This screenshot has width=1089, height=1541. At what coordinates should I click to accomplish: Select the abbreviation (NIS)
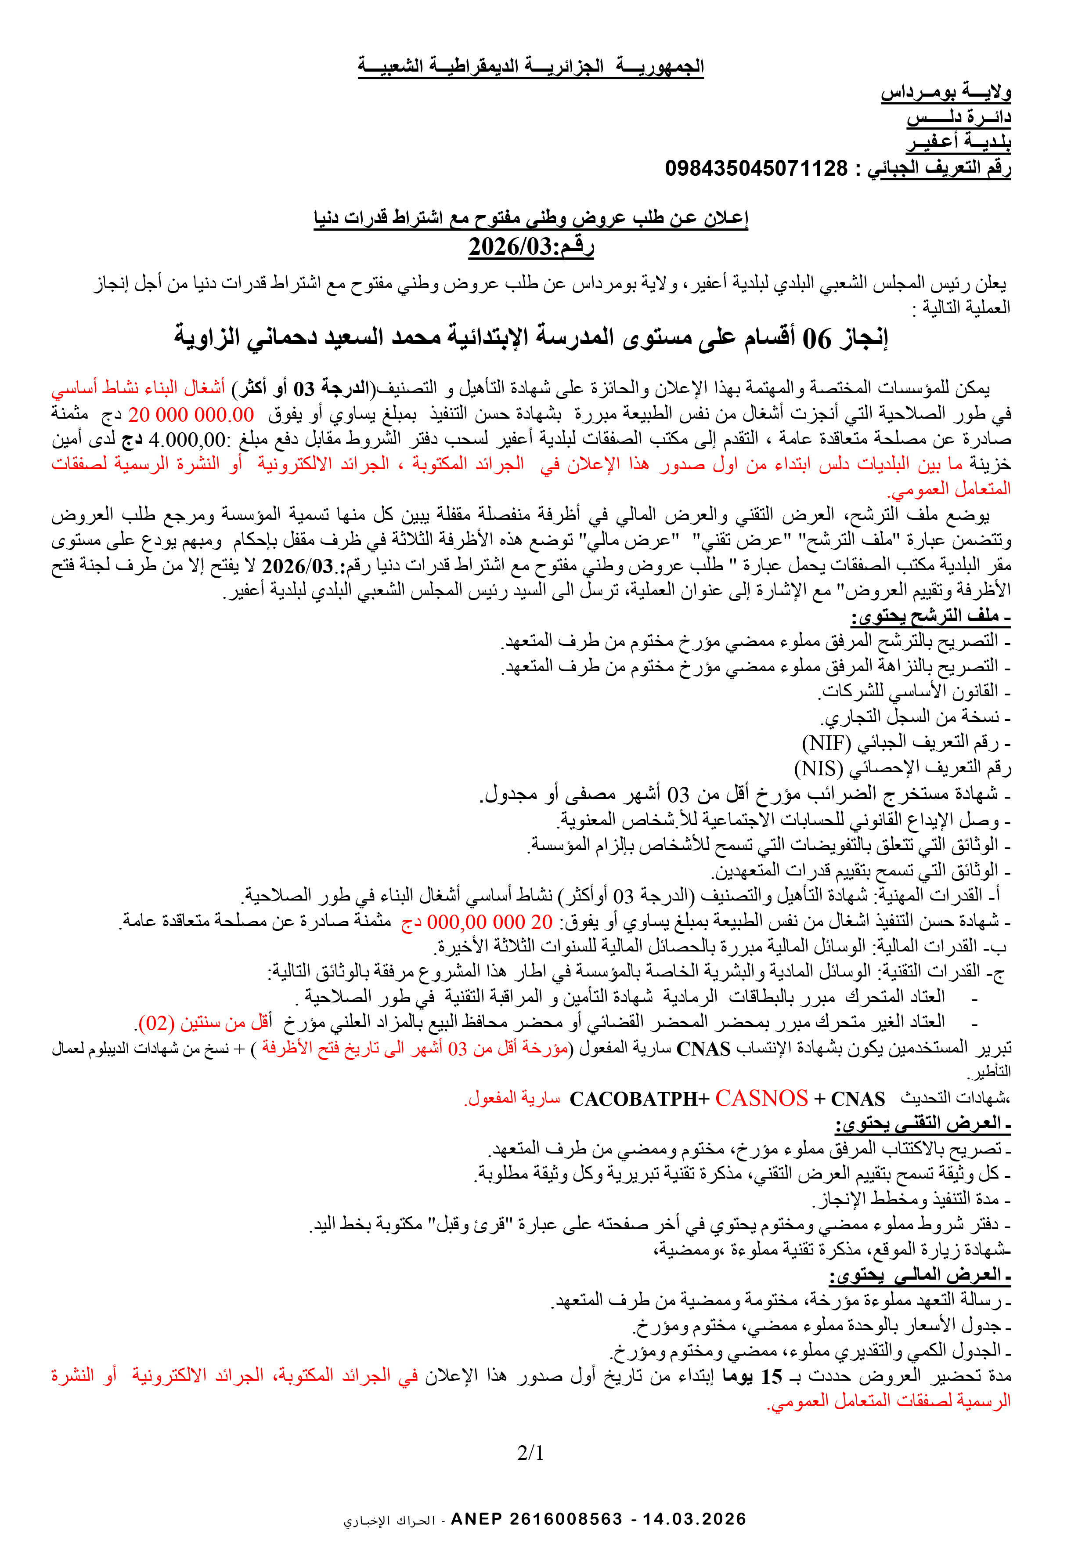tap(819, 768)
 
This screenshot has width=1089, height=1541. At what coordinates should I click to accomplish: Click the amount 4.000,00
tap(187, 440)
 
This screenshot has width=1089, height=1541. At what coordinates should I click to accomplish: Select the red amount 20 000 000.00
tap(191, 414)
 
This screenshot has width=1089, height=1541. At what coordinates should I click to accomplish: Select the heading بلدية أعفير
tap(959, 142)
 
